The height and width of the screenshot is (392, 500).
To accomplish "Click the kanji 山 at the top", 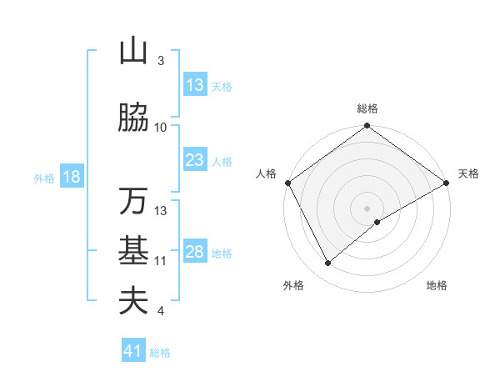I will coord(133,52).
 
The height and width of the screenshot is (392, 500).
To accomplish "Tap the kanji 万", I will coord(133,202).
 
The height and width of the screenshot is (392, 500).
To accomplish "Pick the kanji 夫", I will coord(133,301).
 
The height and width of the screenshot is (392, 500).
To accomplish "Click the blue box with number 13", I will coord(194,85).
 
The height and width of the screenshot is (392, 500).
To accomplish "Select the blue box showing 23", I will coord(194,160).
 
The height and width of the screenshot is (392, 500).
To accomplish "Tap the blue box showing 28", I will coord(194,252).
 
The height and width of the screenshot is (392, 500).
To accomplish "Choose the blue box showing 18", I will coord(71,177).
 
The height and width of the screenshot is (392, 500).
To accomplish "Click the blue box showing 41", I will coord(133,351).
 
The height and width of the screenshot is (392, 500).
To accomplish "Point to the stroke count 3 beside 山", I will coord(161,61).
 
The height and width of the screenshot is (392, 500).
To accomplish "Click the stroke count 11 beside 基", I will coord(161,260).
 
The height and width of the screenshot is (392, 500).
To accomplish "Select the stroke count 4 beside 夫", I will coord(161,311).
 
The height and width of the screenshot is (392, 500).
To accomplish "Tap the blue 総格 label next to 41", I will coord(160,353).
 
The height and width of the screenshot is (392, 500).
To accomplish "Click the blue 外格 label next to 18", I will coord(44,178).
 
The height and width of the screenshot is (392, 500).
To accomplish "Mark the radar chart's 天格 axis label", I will coord(468,173).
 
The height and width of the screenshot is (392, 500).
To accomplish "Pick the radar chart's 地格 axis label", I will coord(437,285).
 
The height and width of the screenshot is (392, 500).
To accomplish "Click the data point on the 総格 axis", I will coord(367,127).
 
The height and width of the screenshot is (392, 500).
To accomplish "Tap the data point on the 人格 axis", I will coord(287,183).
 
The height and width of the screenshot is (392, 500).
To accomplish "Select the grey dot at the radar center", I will coord(367,209).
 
